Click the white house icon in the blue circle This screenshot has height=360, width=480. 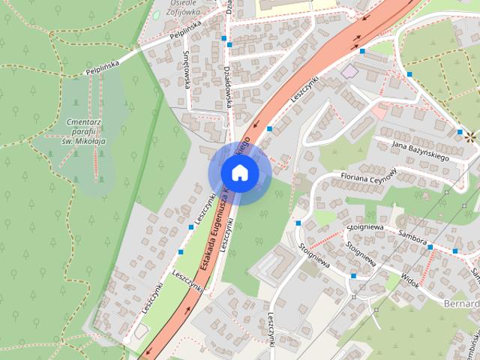[238, 173]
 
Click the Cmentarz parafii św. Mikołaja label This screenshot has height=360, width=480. [83, 132]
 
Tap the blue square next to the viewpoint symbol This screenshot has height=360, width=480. [459, 132]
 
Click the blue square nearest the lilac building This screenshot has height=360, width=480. [362, 52]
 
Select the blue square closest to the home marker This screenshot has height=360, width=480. [269, 129]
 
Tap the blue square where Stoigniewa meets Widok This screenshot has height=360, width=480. [353, 276]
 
